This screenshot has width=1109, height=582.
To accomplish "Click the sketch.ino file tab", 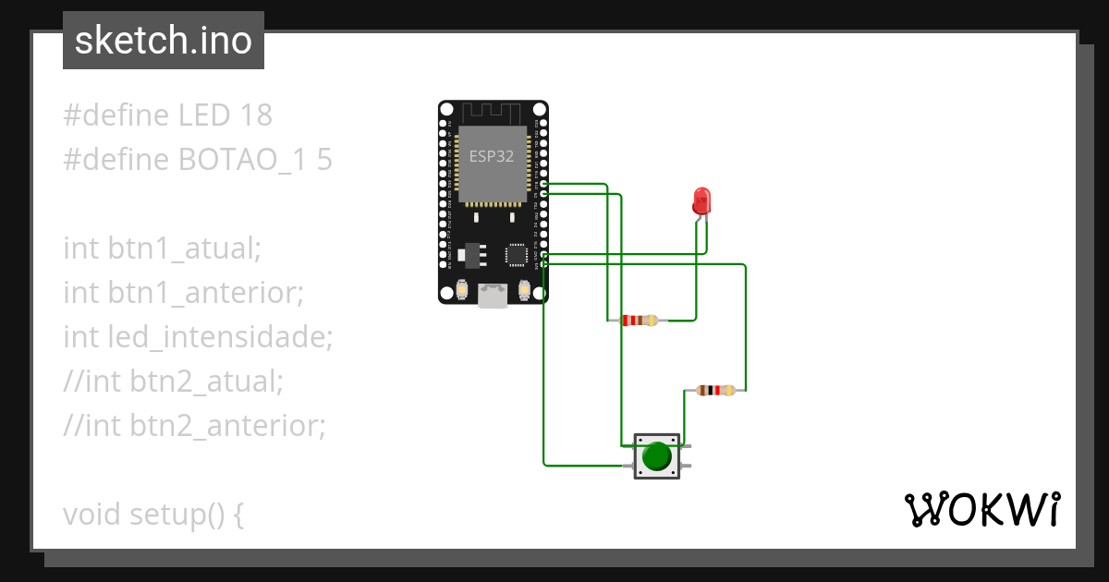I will pos(163,41).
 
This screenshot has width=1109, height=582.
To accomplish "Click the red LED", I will pos(701,200).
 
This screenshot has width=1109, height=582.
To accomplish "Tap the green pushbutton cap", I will pos(656,456).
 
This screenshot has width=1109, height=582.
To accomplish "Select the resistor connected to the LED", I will pos(639,321).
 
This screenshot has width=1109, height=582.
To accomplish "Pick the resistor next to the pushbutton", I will pos(715,391).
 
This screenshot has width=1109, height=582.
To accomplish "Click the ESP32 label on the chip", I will pos(491,156).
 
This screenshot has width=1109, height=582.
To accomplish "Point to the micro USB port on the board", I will pos(493,296).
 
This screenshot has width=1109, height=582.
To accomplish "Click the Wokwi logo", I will pos(981,509).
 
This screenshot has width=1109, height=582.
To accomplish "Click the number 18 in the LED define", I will pos(255,115).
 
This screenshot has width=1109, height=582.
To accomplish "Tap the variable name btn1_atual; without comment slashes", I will pos(185,249).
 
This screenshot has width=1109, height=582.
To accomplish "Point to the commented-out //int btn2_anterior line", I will pos(194,426).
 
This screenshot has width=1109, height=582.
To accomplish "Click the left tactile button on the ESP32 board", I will pos(460,291).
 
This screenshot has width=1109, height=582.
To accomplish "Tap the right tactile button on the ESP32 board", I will pos(525,291).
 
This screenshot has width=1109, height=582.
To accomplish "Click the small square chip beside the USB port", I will pos(516,254).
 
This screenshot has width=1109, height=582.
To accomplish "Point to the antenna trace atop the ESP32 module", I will pos(493,113).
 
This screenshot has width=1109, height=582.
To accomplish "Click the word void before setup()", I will pos(92,515).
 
